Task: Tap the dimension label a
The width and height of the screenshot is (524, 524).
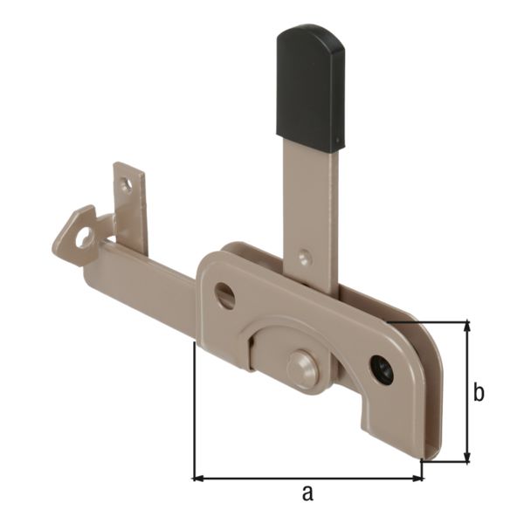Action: tap(307, 493)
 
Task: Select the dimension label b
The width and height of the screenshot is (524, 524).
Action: tap(479, 393)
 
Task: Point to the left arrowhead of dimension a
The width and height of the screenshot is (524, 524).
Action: tap(198, 478)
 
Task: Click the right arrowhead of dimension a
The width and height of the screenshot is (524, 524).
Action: tap(417, 478)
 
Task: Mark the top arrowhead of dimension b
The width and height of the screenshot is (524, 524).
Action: tap(468, 327)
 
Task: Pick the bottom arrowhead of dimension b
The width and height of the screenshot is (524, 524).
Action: tap(468, 457)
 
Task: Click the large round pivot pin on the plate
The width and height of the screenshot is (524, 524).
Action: tap(303, 368)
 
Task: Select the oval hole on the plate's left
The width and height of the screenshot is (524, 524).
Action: tap(225, 295)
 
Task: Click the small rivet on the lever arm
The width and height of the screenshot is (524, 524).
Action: tap(304, 258)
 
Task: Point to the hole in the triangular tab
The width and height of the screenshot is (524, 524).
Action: tap(84, 237)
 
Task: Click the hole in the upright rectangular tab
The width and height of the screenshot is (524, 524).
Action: tap(127, 185)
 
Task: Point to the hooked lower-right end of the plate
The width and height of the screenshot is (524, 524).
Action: tap(428, 437)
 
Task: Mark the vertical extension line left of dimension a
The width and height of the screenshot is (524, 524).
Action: tap(193, 410)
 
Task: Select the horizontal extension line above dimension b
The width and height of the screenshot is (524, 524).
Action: tap(437, 321)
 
